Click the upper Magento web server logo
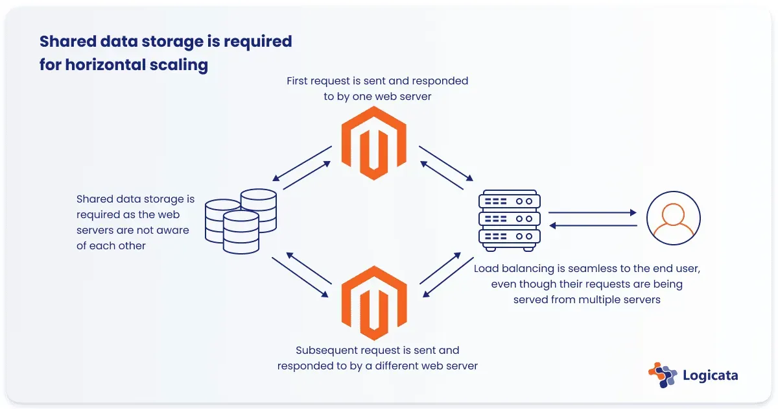coord(373,143)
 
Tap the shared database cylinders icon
coord(241,221)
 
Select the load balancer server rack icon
coord(509,219)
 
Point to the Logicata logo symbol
coord(662,374)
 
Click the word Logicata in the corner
coord(711,375)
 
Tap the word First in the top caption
coord(299,81)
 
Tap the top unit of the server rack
coord(509,201)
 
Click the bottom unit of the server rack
coord(509,236)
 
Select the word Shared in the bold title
coord(65,42)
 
